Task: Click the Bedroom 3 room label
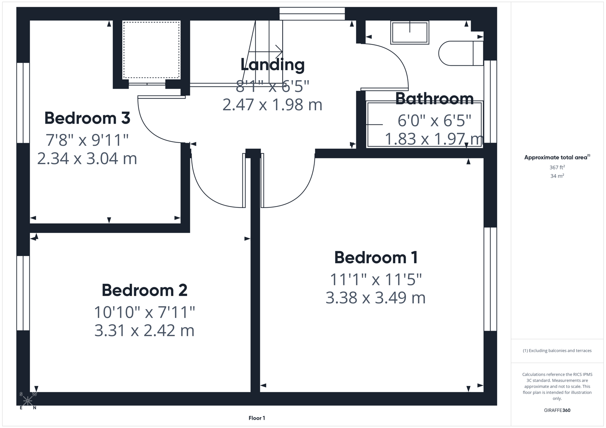87,118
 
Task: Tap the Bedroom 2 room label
144,290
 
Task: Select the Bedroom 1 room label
375,258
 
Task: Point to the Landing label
272,65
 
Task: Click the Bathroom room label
434,99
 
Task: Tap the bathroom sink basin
410,32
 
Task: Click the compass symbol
28,400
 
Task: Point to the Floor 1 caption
257,418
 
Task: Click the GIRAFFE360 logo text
557,410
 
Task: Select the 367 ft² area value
557,168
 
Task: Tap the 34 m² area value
557,176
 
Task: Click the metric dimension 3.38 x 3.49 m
375,298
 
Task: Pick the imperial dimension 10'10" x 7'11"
144,312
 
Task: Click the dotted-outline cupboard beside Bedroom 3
151,50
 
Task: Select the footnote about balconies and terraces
557,351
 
